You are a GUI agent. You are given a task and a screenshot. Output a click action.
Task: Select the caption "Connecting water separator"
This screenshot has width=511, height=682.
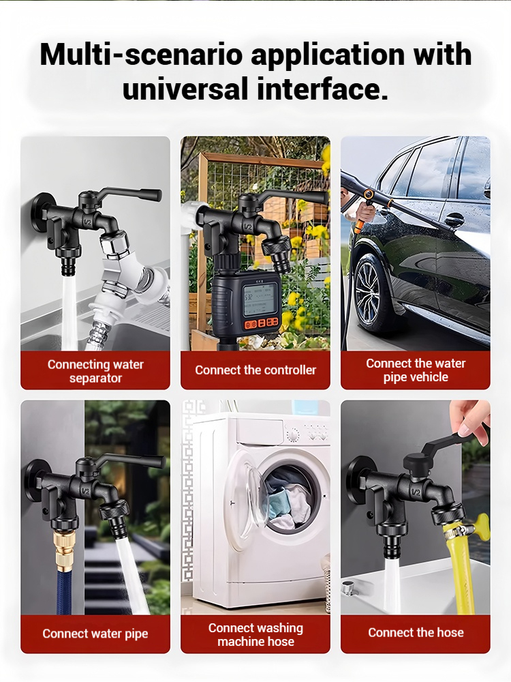95,371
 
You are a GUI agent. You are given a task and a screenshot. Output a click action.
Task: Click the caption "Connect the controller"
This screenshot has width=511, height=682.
255,370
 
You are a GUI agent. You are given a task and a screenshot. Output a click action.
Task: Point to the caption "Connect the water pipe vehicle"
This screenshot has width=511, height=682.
416,370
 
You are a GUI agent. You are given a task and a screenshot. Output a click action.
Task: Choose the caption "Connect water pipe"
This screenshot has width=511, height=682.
95,634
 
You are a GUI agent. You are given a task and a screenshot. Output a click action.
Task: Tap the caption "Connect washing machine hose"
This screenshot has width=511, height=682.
255,634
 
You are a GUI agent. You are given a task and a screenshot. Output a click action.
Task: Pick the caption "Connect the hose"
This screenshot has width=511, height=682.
416,632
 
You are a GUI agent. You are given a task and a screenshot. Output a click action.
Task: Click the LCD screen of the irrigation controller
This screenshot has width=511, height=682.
260,299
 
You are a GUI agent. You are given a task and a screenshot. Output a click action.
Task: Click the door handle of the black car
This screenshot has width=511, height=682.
454,220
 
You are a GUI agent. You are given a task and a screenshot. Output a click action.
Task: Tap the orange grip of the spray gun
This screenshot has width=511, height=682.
360,222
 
